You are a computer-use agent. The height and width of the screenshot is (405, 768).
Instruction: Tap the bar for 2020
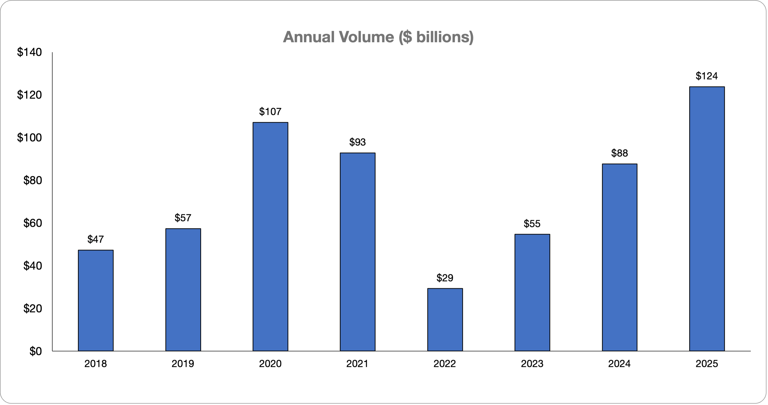[x=270, y=237]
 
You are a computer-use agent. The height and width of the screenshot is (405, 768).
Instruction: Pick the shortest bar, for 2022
[x=445, y=320]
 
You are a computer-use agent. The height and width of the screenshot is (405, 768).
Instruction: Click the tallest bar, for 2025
[x=707, y=219]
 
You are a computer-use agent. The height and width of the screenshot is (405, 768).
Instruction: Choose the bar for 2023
[x=532, y=292]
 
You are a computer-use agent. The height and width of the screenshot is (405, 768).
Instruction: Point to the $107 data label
[x=270, y=112]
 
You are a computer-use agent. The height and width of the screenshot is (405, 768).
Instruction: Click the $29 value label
[x=445, y=278]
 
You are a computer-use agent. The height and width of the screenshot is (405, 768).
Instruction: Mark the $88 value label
[x=619, y=153]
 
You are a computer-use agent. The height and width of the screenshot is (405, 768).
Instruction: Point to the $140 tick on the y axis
[x=30, y=52]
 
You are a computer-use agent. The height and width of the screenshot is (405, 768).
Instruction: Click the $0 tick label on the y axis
[x=35, y=352]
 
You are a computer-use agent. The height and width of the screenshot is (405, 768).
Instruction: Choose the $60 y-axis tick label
[x=32, y=223]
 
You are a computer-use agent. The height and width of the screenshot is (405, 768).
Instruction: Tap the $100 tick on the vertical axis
[x=30, y=138]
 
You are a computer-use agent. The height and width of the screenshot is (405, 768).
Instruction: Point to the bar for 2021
[x=357, y=252]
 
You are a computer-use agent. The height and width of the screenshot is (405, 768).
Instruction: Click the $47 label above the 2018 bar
[x=96, y=239]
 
